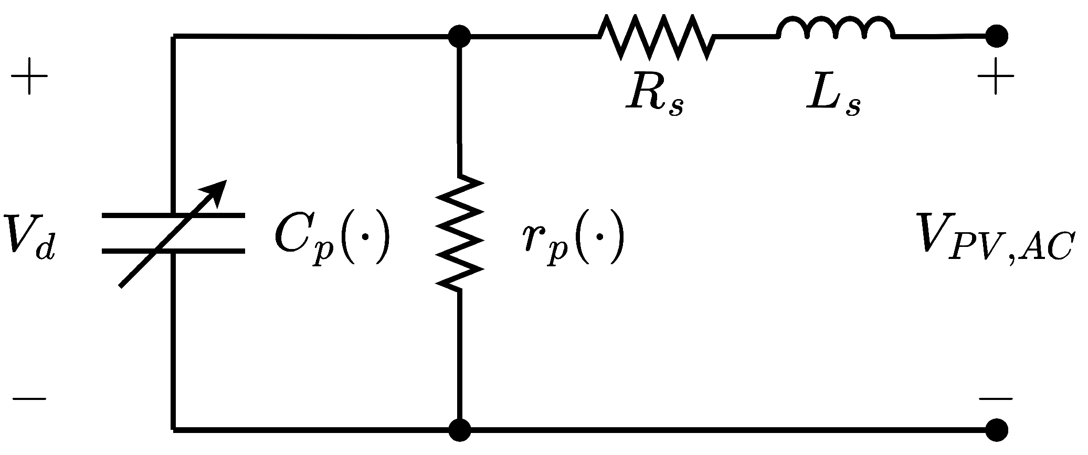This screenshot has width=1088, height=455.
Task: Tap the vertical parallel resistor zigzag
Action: pos(459,232)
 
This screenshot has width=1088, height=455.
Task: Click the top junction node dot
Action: pos(460,36)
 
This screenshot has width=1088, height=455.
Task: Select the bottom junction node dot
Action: pos(460,430)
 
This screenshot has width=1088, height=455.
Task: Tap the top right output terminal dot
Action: pos(996,36)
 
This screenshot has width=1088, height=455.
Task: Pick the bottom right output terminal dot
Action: pos(996,430)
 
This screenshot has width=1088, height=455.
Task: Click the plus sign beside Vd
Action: pos(29,77)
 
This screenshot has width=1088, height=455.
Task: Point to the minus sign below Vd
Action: pos(29,399)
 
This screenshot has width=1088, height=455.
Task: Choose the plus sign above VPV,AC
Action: pos(996,77)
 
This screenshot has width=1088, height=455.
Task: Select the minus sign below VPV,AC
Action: pos(996,399)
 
